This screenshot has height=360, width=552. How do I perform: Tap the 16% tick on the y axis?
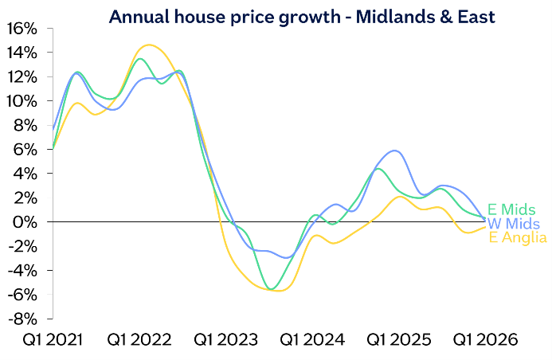pyautogui.click(x=22, y=28)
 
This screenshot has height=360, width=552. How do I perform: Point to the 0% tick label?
pyautogui.click(x=25, y=221)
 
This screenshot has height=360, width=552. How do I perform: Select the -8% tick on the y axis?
pyautogui.click(x=22, y=319)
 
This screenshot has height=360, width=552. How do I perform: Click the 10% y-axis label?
pyautogui.click(x=22, y=100)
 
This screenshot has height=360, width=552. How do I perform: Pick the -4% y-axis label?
pyautogui.click(x=22, y=270)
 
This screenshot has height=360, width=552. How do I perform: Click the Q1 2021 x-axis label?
pyautogui.click(x=53, y=340)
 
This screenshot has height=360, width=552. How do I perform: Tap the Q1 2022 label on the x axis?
pyautogui.click(x=139, y=340)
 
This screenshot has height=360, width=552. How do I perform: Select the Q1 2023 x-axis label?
pyautogui.click(x=226, y=340)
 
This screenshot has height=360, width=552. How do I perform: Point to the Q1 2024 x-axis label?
pyautogui.click(x=313, y=340)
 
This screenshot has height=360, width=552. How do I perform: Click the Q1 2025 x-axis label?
pyautogui.click(x=399, y=340)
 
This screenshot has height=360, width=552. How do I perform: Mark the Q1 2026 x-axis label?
pyautogui.click(x=485, y=340)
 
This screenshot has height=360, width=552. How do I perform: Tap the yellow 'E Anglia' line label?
pyautogui.click(x=517, y=237)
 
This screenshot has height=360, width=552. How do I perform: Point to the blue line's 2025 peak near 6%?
pyautogui.click(x=395, y=151)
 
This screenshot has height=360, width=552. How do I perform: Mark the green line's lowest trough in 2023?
pyautogui.click(x=272, y=288)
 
